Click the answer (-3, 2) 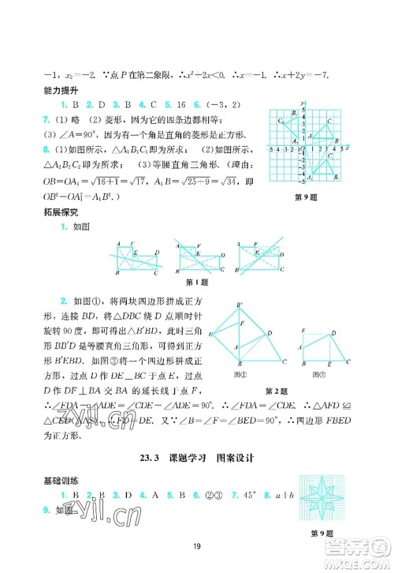(219, 104)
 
